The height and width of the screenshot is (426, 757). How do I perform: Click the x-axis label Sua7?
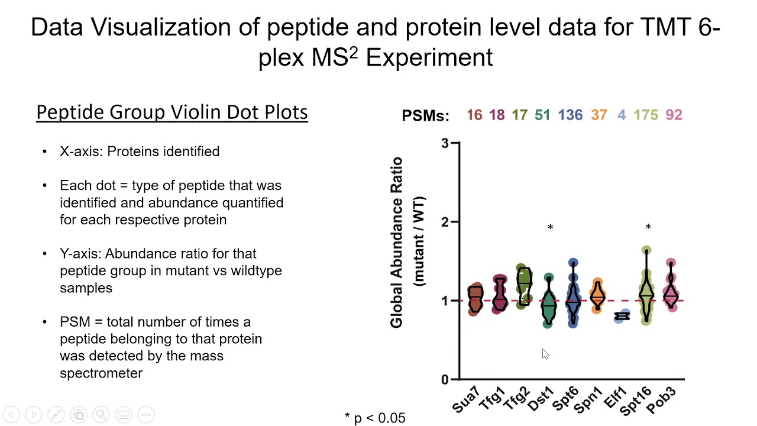coord(466,400)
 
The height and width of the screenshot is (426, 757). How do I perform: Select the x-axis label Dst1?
coord(541,399)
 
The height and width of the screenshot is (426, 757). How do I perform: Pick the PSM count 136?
coord(570,115)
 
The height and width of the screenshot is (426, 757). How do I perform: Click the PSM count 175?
coord(645,115)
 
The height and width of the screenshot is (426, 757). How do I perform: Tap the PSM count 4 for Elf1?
coord(621,115)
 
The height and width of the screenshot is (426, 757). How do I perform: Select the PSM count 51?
coord(542,115)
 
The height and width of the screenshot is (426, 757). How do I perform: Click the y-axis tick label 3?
coord(445,143)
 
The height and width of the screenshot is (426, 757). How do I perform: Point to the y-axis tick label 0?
coord(445,380)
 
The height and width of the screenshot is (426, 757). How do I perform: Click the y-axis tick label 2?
coord(445,222)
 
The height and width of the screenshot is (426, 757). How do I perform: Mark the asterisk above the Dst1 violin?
coord(550,228)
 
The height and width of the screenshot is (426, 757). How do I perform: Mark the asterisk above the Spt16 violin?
coord(648,227)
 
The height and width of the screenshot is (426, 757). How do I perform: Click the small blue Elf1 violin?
coord(622,317)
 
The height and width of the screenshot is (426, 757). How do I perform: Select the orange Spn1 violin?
coord(598,295)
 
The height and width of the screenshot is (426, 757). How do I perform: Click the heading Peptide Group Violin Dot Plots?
coord(172,112)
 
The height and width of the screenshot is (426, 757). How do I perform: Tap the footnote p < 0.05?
coord(375,418)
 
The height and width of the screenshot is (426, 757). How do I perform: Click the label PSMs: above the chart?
coord(425,116)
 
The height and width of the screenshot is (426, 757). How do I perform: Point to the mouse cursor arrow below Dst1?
coord(545,354)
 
